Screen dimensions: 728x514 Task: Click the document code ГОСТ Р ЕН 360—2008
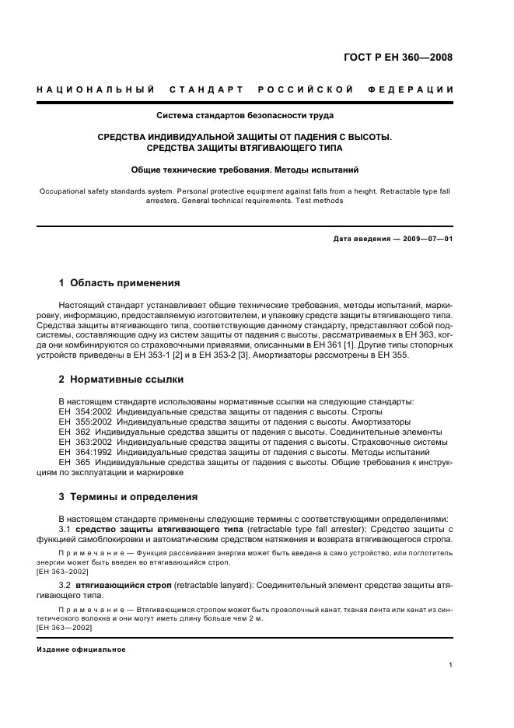(x=398, y=57)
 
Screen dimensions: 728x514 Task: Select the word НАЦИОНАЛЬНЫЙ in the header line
(x=95, y=89)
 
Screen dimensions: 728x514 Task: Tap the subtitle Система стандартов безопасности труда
(x=245, y=116)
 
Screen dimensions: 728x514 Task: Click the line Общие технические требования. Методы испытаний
(x=245, y=169)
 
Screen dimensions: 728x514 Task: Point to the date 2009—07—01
(x=426, y=239)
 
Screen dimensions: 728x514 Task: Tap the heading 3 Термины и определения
(x=128, y=496)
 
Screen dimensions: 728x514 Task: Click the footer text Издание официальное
(x=81, y=649)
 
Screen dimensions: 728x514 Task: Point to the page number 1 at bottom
(x=451, y=665)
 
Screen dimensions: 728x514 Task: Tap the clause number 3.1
(x=65, y=529)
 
